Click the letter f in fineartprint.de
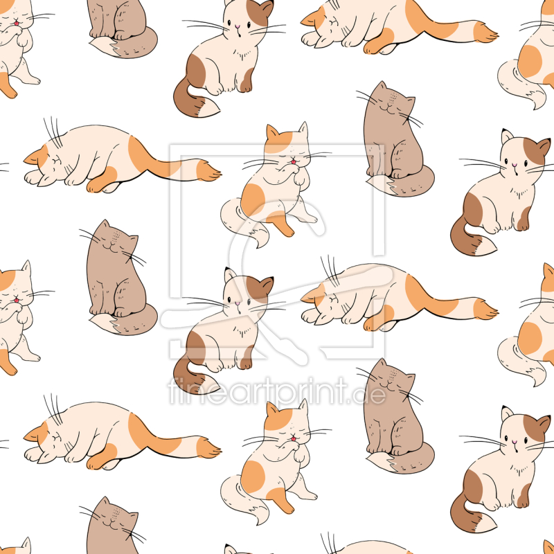pos(173,391)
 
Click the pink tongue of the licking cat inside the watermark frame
pos(293,162)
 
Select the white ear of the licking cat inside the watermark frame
pos(303,129)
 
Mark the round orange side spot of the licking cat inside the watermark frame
pos(253,199)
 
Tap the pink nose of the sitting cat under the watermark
pos(238,303)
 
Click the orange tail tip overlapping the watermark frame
pos(208,170)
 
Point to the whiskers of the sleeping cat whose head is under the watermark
pos(330,270)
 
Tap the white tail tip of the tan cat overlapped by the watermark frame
pos(381,185)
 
